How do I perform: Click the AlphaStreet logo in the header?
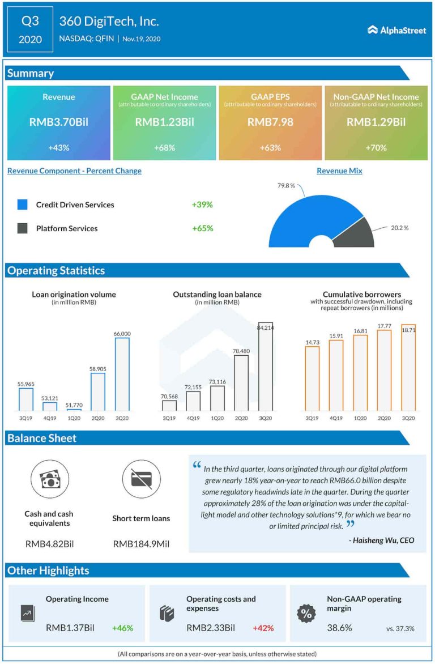396,30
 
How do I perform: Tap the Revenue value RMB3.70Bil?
59,122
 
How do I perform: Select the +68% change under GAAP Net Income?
164,148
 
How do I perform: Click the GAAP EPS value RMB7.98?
270,122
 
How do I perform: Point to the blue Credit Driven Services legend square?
23,205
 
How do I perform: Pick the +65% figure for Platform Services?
202,228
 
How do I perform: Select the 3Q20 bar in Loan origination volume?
122,374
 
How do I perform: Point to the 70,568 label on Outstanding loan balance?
169,397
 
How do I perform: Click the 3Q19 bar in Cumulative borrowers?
312,378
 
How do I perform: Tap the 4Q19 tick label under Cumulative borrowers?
336,418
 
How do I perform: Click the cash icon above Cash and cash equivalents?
49,479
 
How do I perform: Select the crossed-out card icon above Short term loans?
141,479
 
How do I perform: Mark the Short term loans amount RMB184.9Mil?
141,544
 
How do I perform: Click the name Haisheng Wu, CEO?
381,540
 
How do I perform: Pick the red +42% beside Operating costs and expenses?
263,628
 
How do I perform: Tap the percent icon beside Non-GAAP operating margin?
306,613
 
